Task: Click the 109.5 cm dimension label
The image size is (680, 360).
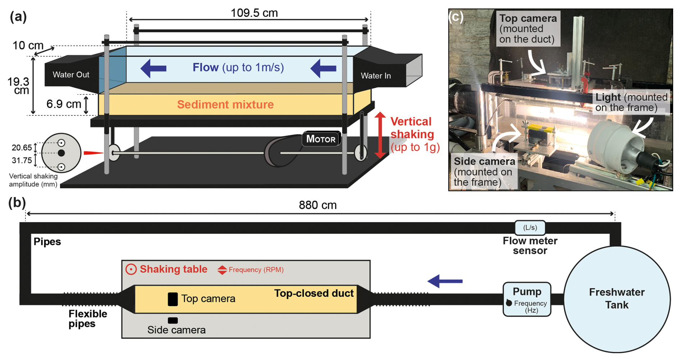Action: click(x=254, y=13)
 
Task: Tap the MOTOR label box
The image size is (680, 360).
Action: click(x=321, y=139)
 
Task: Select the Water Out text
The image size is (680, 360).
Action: click(x=71, y=74)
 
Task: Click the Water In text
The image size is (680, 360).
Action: click(x=376, y=76)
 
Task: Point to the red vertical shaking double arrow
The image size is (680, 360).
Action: click(x=380, y=135)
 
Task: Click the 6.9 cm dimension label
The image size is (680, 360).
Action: click(x=64, y=104)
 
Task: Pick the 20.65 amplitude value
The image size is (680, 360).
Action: click(x=22, y=147)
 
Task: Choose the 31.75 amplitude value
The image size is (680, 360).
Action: click(x=22, y=160)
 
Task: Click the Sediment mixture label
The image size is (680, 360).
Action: click(x=225, y=104)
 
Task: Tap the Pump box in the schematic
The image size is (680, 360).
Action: click(x=527, y=299)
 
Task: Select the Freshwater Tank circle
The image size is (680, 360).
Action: click(x=617, y=299)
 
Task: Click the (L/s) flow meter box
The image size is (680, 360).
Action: click(x=530, y=228)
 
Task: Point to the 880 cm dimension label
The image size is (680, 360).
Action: click(x=318, y=205)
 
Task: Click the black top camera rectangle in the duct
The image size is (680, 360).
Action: click(x=173, y=299)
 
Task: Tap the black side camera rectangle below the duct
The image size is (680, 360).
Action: click(x=173, y=320)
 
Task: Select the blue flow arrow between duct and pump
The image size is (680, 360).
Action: click(x=445, y=281)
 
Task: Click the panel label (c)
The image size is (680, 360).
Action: click(x=456, y=17)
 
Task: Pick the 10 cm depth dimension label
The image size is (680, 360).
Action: click(x=28, y=46)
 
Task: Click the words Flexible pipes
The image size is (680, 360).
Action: click(x=88, y=319)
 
